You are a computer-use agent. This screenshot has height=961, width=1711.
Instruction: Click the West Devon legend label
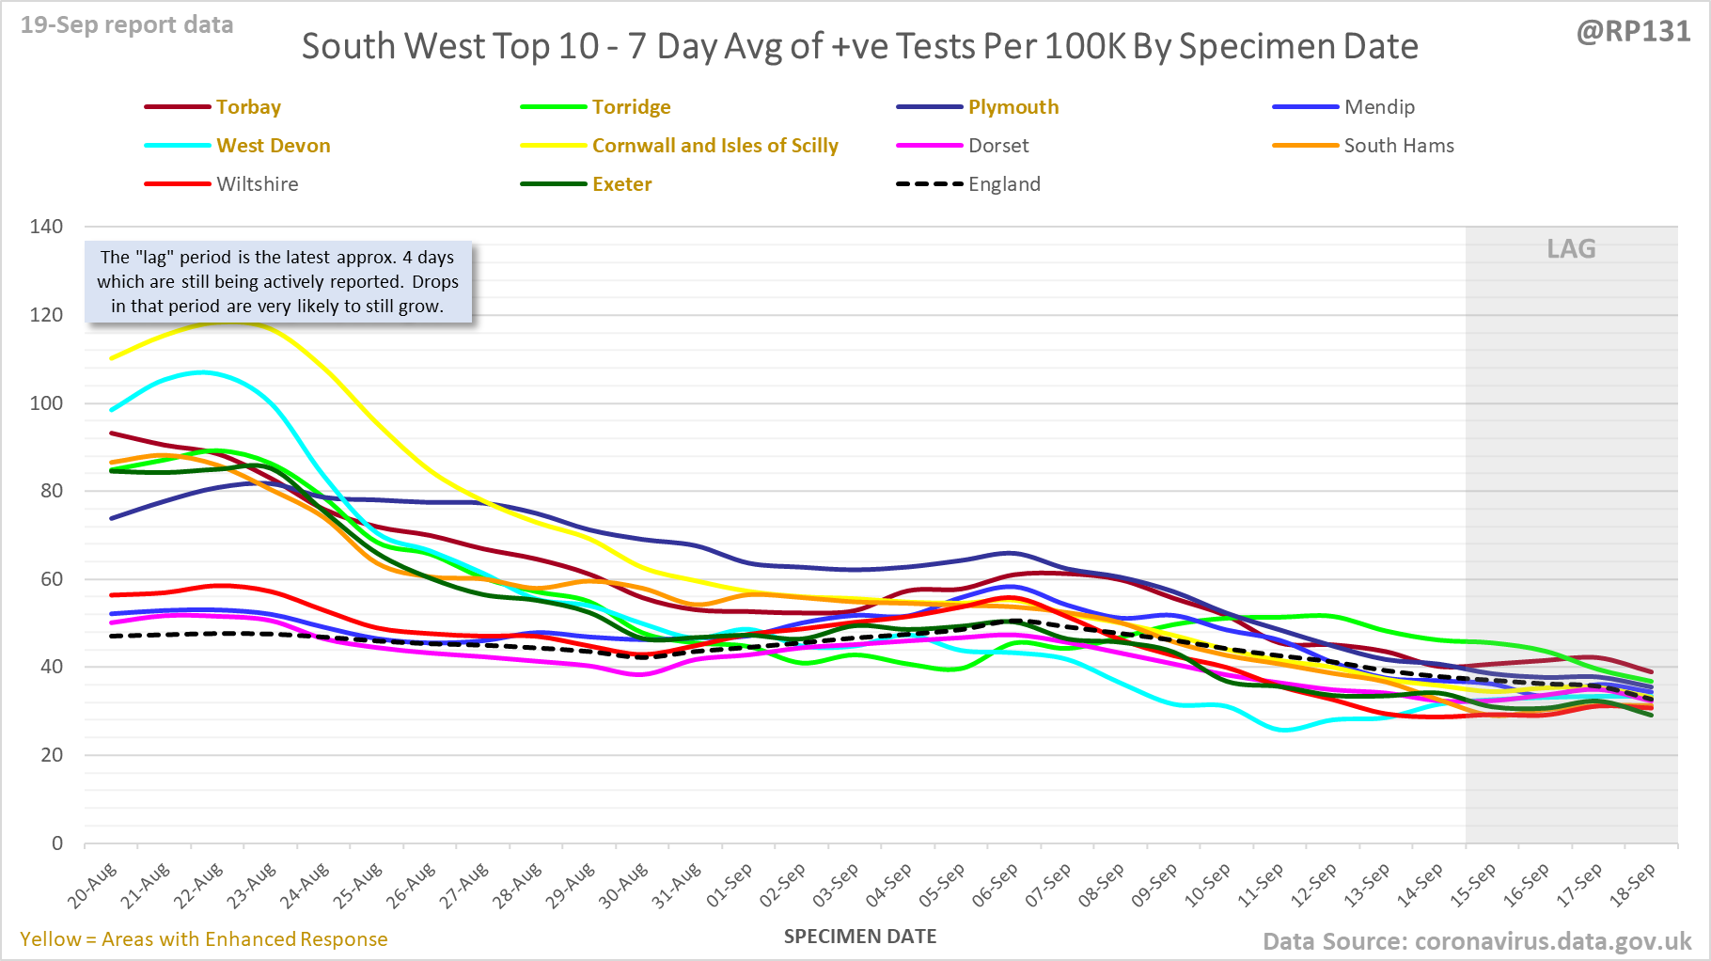274,146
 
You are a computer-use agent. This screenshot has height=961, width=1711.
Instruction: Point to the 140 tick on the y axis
46,227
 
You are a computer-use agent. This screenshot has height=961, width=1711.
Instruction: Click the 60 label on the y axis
52,579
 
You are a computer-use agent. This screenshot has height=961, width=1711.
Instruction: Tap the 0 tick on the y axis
57,843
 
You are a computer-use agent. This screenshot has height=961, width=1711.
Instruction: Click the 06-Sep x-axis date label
996,885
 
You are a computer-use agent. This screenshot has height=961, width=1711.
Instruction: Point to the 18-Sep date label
1634,885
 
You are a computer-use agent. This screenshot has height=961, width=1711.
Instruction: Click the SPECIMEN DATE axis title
860,937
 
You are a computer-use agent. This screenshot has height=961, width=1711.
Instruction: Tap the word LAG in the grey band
1571,249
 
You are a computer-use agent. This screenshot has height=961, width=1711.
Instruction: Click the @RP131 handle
1633,32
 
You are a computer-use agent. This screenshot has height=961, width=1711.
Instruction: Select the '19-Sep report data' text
127,25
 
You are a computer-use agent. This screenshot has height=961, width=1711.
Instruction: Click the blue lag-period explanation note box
278,282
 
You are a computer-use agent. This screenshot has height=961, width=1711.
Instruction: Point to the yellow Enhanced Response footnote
204,939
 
